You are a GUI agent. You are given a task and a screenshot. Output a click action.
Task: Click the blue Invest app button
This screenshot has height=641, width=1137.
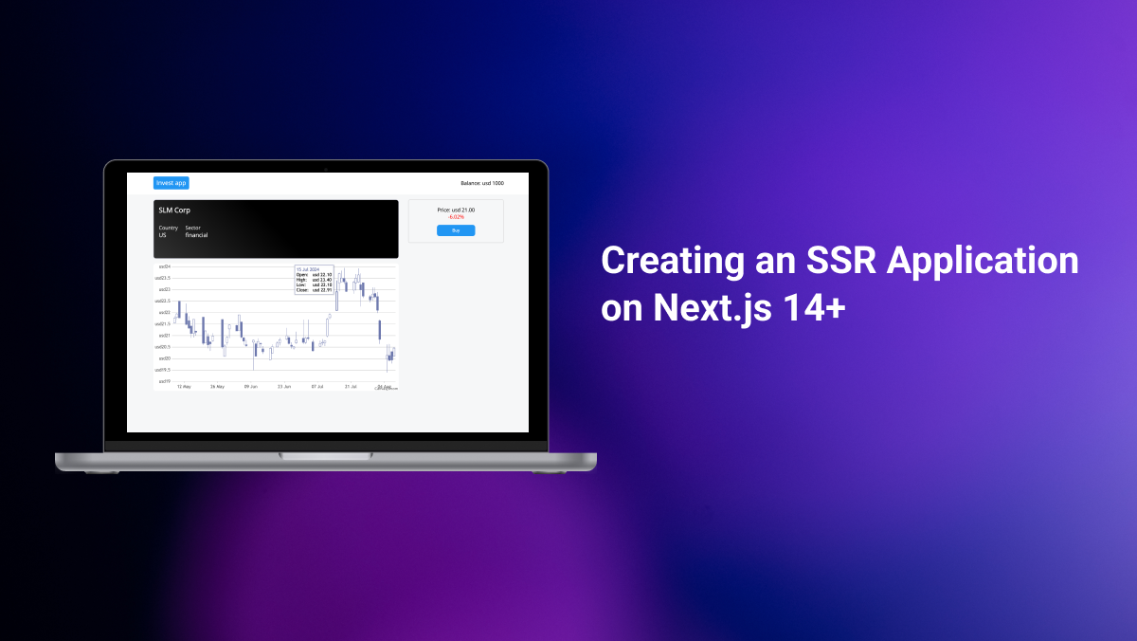(171, 183)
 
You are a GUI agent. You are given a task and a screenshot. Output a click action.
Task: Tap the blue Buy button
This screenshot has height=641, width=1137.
(456, 230)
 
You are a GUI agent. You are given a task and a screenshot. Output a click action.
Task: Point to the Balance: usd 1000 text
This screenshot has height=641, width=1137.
(482, 183)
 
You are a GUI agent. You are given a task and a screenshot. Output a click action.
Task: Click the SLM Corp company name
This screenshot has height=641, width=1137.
(174, 211)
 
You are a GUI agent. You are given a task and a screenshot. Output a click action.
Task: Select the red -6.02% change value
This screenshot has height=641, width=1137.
(456, 217)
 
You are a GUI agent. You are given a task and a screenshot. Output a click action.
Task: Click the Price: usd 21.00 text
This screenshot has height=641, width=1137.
(456, 210)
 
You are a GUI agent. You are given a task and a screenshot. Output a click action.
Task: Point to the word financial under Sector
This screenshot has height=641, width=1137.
(196, 235)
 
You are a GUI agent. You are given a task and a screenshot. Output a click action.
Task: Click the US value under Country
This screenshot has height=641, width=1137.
(162, 235)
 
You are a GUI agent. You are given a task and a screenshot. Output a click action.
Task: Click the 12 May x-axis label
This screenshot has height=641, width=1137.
(184, 387)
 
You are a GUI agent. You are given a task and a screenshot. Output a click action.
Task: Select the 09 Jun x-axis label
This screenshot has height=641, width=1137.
(251, 387)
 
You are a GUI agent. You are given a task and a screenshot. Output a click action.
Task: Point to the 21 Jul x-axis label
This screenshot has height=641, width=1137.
(351, 387)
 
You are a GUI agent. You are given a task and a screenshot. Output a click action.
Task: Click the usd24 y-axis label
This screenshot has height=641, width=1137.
(164, 266)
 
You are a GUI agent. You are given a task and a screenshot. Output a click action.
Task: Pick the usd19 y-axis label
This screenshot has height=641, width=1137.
(164, 381)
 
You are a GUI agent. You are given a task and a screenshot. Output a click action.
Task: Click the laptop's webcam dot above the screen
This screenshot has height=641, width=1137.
(326, 169)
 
